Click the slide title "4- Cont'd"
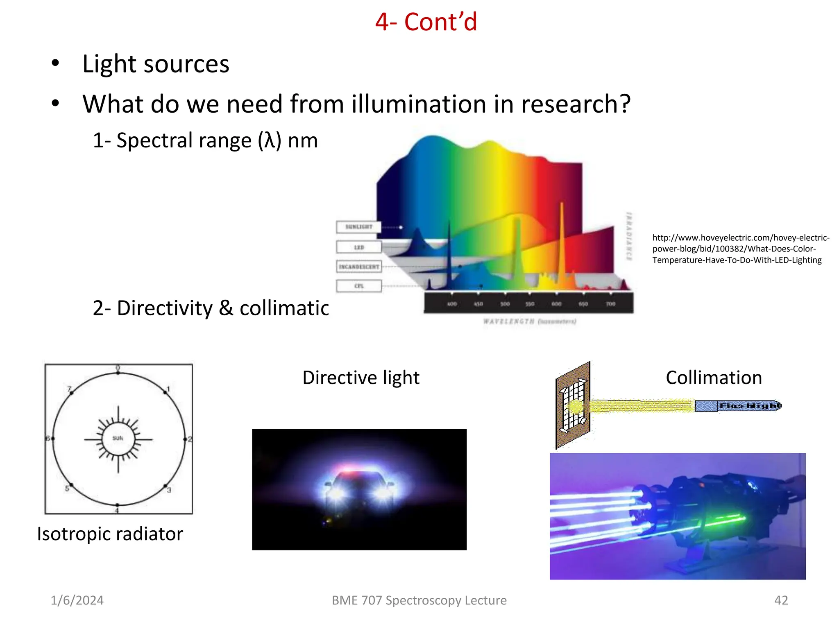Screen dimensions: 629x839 point(426,22)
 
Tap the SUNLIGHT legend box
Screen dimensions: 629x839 point(358,227)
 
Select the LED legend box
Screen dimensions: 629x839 point(359,247)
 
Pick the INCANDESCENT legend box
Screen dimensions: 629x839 point(359,267)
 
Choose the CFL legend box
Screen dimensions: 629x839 point(359,286)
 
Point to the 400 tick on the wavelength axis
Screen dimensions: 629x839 point(452,304)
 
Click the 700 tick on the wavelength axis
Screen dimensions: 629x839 point(610,304)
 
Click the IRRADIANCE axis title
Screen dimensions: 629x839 point(629,236)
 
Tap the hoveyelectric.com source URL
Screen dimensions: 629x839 point(740,249)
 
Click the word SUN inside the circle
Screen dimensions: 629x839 point(118,438)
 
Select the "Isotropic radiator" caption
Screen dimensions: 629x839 point(110,534)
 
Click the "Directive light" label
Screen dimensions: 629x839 point(361,378)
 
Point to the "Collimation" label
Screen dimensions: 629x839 point(714,378)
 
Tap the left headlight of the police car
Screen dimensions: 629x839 point(337,493)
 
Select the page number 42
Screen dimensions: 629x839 point(781,600)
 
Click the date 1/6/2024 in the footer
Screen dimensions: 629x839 point(77,600)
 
